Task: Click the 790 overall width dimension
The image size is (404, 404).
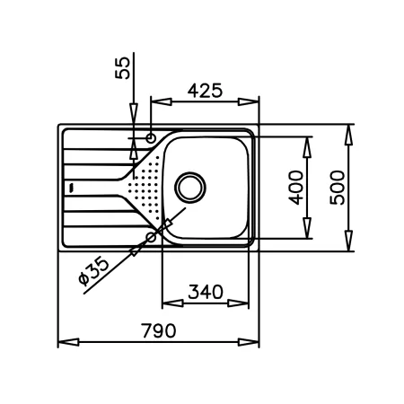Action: tap(159, 330)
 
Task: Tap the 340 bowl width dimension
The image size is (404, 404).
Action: tap(206, 292)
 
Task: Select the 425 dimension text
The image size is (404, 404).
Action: tap(205, 91)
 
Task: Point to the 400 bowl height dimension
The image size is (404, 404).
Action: tap(296, 188)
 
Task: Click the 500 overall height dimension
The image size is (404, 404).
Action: tap(338, 188)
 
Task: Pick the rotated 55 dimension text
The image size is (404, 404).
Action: tap(123, 68)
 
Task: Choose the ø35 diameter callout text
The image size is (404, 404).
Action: tap(93, 271)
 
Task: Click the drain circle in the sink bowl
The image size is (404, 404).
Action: tap(190, 188)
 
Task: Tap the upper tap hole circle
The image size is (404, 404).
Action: tap(151, 138)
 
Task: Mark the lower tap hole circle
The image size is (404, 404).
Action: tap(151, 237)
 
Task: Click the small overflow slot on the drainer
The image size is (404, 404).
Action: tap(71, 188)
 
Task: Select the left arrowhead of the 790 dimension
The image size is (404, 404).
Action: tap(68, 342)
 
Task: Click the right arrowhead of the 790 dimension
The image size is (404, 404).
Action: tap(249, 342)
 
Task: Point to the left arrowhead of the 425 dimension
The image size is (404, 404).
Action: tap(162, 101)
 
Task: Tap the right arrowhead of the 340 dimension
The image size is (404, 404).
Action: tap(238, 303)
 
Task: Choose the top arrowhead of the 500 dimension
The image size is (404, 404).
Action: tap(349, 136)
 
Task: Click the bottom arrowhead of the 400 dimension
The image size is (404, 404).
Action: tap(307, 228)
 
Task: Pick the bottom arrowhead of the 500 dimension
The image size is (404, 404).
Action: tap(349, 241)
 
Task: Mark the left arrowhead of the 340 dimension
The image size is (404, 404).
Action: tap(172, 303)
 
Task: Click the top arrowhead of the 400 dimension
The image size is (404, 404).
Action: tap(307, 147)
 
